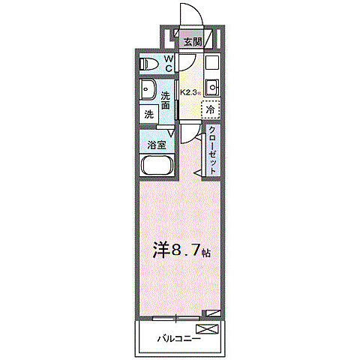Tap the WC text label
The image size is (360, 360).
coord(169,63)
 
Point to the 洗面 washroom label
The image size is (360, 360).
coord(168,100)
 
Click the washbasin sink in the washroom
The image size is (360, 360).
coord(148,89)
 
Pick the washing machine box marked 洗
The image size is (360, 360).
coord(149,114)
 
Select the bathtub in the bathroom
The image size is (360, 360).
coord(157,166)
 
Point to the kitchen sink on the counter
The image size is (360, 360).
coord(211,84)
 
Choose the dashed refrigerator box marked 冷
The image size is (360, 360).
coord(211,109)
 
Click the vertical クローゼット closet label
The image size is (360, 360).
coord(212,150)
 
